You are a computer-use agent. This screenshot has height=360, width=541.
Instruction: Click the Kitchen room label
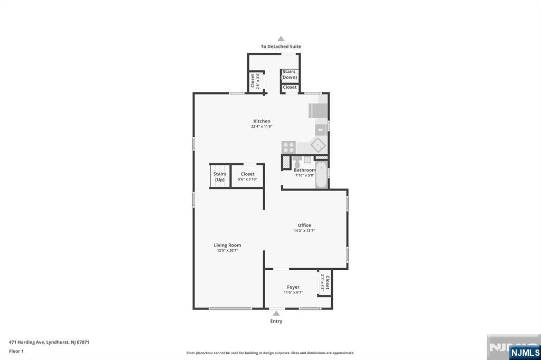(262, 121)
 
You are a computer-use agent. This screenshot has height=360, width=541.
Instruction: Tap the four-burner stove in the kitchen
(288, 147)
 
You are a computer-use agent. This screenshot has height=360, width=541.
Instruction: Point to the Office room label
(304, 225)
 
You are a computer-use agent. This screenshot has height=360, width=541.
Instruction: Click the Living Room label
(227, 245)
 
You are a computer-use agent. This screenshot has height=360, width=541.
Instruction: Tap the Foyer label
(293, 287)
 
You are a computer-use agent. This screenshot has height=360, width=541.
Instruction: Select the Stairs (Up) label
(220, 177)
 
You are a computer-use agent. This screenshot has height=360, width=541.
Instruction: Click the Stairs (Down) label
(289, 74)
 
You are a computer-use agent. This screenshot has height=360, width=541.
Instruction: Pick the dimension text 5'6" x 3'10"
(247, 179)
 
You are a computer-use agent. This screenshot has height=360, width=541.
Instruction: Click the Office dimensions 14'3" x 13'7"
(304, 231)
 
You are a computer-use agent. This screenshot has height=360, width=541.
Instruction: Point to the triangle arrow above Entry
(276, 313)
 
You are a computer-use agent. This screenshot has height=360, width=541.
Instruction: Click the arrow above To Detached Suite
(281, 39)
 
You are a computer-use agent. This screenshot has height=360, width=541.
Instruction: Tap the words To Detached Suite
(281, 46)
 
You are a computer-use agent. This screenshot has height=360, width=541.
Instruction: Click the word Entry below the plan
(276, 321)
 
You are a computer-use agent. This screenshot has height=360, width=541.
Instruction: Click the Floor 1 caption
(16, 351)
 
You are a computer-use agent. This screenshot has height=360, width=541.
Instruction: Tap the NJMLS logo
(525, 352)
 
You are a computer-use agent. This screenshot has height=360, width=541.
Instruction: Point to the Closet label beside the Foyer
(327, 283)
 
